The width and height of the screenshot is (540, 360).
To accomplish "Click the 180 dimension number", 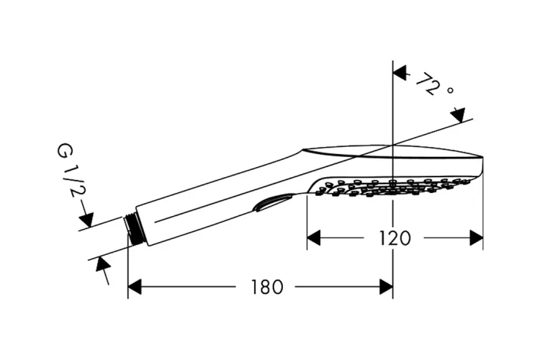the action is point(267,287).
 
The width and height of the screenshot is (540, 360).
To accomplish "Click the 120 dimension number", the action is point(395,238).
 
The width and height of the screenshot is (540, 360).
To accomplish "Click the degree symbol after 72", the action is point(451,91).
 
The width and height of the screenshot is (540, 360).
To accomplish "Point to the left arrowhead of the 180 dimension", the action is point(135,287).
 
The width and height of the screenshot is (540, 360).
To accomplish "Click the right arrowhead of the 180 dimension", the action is point(386,287).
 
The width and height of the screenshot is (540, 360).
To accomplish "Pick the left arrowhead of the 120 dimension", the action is point(314,238).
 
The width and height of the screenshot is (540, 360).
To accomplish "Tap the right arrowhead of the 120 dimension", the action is point(477,238).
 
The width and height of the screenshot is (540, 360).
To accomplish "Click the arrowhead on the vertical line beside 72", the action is point(400,73).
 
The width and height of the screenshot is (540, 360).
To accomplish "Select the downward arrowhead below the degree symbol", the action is point(458,115).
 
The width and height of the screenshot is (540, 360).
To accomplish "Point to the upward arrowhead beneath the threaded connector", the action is point(103,265).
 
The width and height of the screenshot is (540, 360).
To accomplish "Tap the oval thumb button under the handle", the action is point(273,202).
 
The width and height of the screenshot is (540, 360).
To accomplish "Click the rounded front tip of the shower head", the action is point(481,166).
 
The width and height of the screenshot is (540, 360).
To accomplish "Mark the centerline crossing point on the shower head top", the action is point(393,145).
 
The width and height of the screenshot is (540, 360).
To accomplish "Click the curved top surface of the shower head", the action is point(392,152).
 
